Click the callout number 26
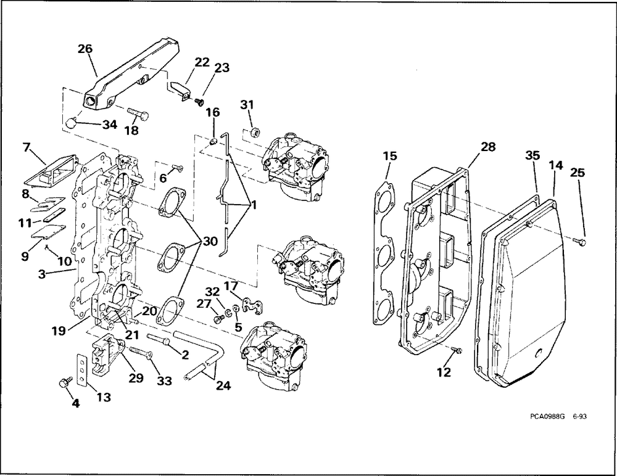[85, 49]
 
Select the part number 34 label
[109, 125]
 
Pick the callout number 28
[488, 147]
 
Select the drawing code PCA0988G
[548, 417]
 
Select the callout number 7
[26, 148]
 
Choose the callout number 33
[164, 381]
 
